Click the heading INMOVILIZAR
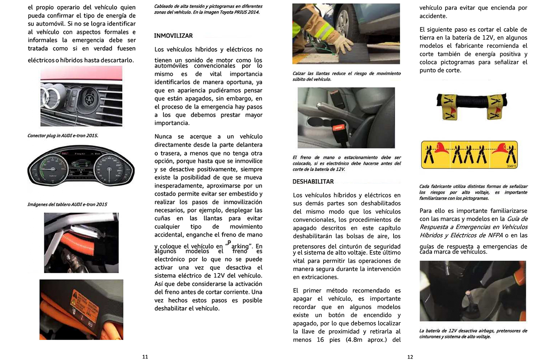(x=173, y=36)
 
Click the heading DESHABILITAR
(x=313, y=182)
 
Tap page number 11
(x=145, y=357)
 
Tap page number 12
(x=410, y=357)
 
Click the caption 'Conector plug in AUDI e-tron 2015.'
(x=63, y=136)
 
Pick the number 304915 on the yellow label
(x=511, y=166)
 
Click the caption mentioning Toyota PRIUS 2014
(x=208, y=9)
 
